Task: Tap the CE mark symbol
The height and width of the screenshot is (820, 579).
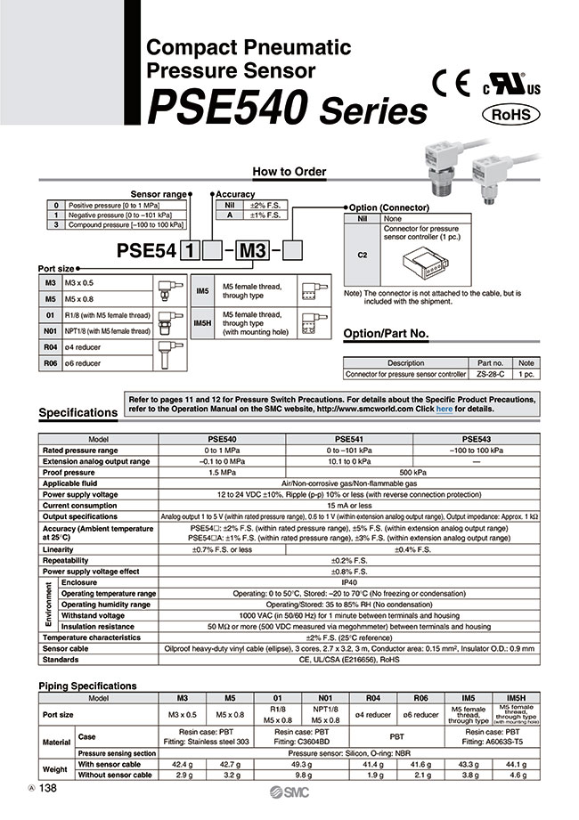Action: tap(450, 83)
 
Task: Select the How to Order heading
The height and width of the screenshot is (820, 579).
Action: tap(289, 172)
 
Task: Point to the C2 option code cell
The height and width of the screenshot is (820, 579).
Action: tap(362, 255)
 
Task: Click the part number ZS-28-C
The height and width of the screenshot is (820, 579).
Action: tap(491, 374)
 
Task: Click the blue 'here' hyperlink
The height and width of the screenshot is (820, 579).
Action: tap(444, 409)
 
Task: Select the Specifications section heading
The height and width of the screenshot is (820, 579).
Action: tap(78, 413)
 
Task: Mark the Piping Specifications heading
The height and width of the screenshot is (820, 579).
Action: tap(88, 686)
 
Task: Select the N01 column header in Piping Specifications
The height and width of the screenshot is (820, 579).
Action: tap(324, 698)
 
